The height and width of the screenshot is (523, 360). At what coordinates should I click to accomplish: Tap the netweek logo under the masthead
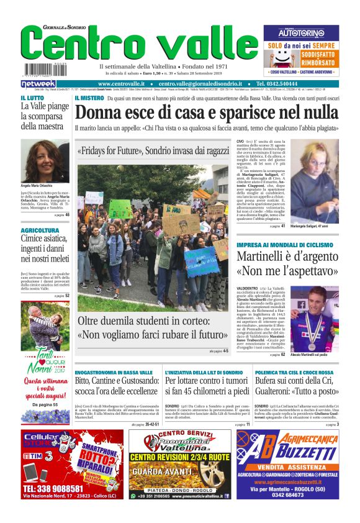pyautogui.click(x=38, y=84)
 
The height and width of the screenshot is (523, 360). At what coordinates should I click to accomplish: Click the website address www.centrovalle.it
pyautogui.click(x=121, y=84)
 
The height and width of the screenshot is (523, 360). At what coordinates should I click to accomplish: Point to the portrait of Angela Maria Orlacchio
pyautogui.click(x=45, y=161)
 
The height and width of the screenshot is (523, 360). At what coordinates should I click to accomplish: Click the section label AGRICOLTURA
pyautogui.click(x=40, y=230)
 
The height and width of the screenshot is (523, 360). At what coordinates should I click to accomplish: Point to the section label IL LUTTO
pyautogui.click(x=32, y=98)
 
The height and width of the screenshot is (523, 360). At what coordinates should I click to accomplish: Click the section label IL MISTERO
pyautogui.click(x=89, y=98)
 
